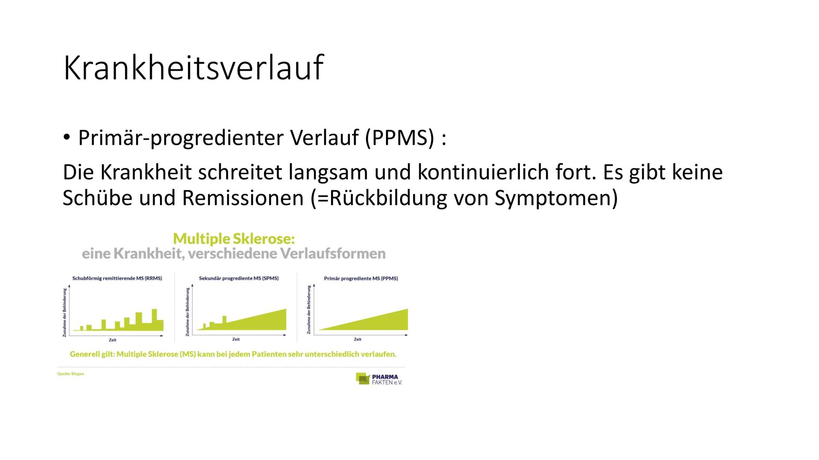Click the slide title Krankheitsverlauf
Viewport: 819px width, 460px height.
tap(193, 67)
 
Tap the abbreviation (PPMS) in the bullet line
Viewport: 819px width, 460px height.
tap(399, 138)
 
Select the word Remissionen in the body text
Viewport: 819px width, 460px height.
tap(242, 198)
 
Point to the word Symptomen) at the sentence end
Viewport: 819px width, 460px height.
tap(556, 198)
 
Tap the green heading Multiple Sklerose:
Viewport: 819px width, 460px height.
tap(234, 239)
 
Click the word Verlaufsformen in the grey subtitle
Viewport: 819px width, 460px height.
tap(333, 254)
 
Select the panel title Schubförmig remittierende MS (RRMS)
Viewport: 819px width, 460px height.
tap(117, 278)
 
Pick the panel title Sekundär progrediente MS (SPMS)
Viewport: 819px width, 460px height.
tap(238, 278)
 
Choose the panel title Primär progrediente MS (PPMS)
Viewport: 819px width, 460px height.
tap(361, 278)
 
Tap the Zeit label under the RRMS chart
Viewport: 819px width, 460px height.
tap(113, 340)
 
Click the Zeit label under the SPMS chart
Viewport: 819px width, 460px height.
tap(236, 339)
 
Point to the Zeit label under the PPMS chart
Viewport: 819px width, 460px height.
tap(357, 339)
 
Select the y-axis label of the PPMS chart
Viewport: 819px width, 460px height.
tap(309, 310)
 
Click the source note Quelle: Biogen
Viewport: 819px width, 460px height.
tap(71, 374)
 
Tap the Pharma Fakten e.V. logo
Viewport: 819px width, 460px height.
tap(379, 379)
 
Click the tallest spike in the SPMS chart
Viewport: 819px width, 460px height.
tap(225, 319)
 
